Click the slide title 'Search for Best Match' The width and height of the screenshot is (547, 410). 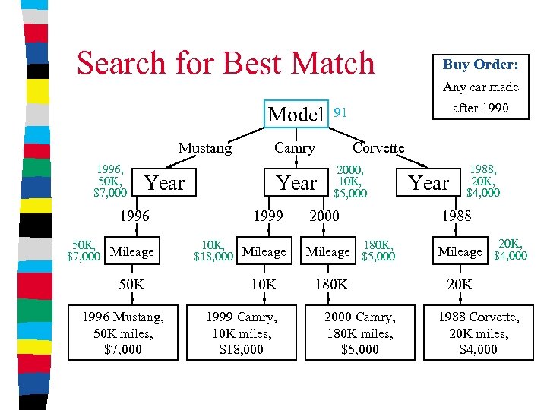click(x=226, y=63)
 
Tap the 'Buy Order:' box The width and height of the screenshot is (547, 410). click(x=480, y=65)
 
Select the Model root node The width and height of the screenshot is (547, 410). click(x=296, y=115)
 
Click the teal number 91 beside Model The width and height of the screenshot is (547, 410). click(x=341, y=112)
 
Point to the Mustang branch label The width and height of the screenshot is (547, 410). click(x=205, y=148)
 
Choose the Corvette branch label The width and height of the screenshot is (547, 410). click(x=378, y=148)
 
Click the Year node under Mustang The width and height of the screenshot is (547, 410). click(x=164, y=183)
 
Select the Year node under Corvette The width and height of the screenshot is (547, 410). click(x=428, y=183)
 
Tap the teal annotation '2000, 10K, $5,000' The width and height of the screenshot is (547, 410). click(x=350, y=182)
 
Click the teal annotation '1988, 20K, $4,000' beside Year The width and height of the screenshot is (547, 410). click(x=483, y=181)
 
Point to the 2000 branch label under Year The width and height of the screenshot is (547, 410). click(x=324, y=216)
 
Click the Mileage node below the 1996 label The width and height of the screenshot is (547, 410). click(x=131, y=251)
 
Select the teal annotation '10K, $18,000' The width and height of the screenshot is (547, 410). click(x=213, y=251)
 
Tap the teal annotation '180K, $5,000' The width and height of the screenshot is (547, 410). click(x=378, y=251)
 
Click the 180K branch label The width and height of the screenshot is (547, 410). click(x=331, y=285)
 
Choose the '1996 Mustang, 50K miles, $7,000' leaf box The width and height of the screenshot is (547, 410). click(x=123, y=332)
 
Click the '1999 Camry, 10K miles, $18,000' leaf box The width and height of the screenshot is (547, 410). click(x=242, y=332)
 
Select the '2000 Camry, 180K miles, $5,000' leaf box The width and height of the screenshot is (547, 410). click(x=360, y=332)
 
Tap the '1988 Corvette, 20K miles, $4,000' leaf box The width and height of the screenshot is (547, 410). click(x=479, y=332)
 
